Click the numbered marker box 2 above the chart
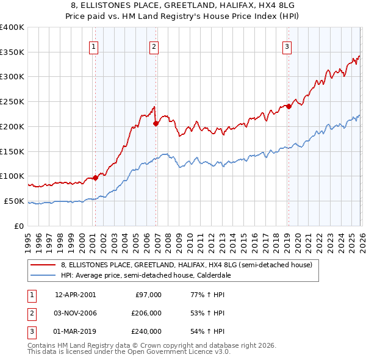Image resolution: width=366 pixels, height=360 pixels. (154, 46)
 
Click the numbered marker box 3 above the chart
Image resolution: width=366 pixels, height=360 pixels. (287, 46)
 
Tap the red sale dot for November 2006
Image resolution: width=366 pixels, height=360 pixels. (156, 123)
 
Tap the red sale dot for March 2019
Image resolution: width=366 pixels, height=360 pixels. (289, 106)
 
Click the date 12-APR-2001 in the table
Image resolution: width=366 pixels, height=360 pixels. (75, 295)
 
